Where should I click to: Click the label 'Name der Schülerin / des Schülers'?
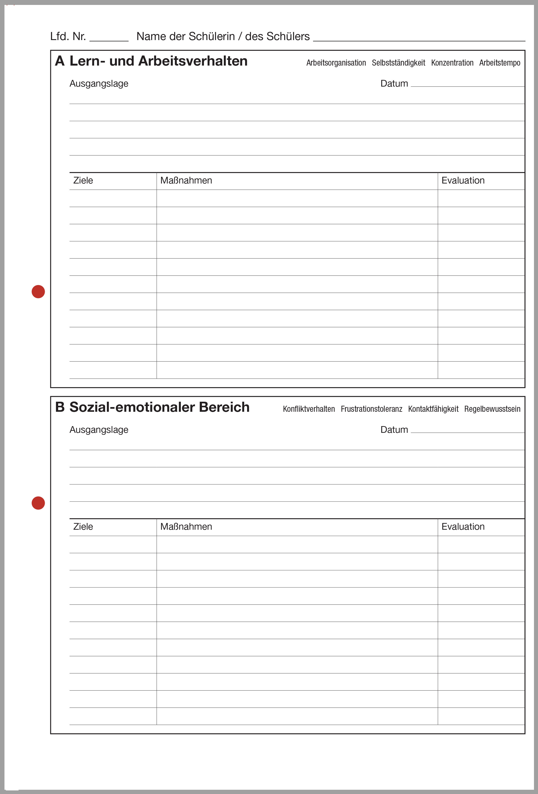[223, 36]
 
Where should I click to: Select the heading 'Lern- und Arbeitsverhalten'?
[158, 61]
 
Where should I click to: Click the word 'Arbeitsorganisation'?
[336, 63]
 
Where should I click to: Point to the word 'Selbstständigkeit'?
[398, 63]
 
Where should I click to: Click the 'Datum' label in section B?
[394, 430]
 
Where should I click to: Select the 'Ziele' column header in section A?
[83, 180]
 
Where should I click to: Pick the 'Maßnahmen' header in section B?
[186, 527]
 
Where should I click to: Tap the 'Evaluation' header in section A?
[463, 180]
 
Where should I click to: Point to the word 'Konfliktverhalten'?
[309, 409]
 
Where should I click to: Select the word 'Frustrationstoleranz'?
[371, 409]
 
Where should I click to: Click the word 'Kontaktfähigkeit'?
[433, 409]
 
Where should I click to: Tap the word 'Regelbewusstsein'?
[492, 409]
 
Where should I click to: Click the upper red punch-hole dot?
[38, 291]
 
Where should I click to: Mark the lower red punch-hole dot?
[38, 503]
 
